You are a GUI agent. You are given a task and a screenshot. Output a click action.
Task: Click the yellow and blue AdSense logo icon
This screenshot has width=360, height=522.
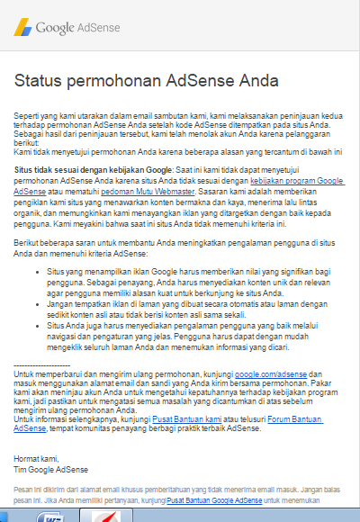tap(22, 27)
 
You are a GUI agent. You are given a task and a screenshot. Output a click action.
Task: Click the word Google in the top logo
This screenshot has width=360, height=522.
tap(57, 28)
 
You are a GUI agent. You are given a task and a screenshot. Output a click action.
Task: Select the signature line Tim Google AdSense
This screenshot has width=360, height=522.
tap(51, 469)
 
